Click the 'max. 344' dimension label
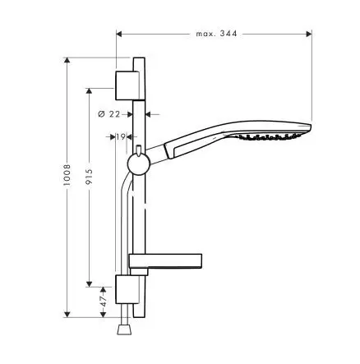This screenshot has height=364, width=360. point(216,34)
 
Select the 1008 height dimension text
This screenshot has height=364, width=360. point(67,175)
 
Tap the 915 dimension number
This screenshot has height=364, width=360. point(89,177)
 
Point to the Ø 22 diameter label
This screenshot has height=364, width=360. point(109,114)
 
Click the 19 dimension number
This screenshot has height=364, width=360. point(120,136)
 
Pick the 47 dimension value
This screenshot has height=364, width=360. point(103,301)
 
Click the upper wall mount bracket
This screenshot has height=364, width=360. point(127,85)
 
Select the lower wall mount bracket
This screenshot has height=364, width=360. point(127,289)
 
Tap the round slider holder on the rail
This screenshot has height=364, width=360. point(139,164)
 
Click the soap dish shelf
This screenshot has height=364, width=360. point(165,262)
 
